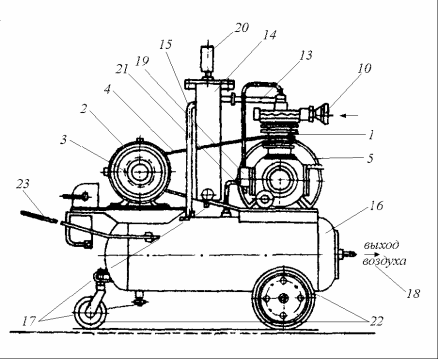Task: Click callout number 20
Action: (x=242, y=28)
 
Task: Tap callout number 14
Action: (x=269, y=35)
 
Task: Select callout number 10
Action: (x=364, y=68)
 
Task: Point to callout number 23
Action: (x=23, y=184)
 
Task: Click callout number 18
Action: (x=413, y=293)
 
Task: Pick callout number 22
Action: (x=376, y=321)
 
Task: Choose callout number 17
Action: (x=29, y=321)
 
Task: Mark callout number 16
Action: (x=376, y=206)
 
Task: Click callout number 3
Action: (x=63, y=140)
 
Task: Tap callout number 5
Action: (x=370, y=158)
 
